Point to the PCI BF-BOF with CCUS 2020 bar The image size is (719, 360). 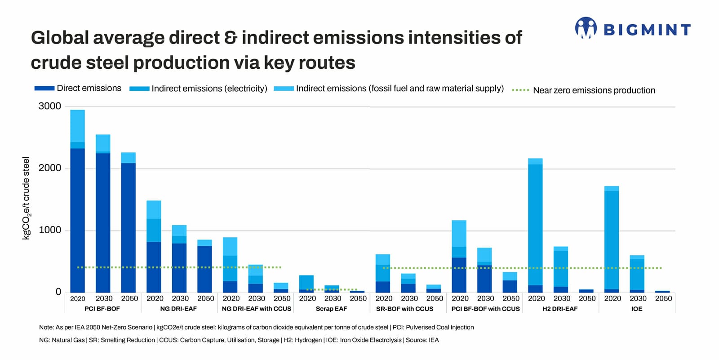coord(459,257)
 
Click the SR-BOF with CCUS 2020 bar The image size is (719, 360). coord(382,274)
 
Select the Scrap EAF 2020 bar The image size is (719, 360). coord(306,284)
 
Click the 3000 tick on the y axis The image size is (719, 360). coord(50,106)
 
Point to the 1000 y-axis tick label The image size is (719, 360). coord(50,230)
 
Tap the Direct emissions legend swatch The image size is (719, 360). coord(44,89)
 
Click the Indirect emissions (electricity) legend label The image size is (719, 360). coord(209,89)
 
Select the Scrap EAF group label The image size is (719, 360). coord(331,309)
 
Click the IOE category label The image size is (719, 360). coord(637,309)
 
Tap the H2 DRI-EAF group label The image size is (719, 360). coord(560,309)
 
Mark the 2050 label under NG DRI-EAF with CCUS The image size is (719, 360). coord(282,298)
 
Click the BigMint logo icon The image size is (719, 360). coord(586,28)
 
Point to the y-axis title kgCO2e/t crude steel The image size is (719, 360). coord(26,198)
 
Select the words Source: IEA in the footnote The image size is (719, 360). coord(422,340)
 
